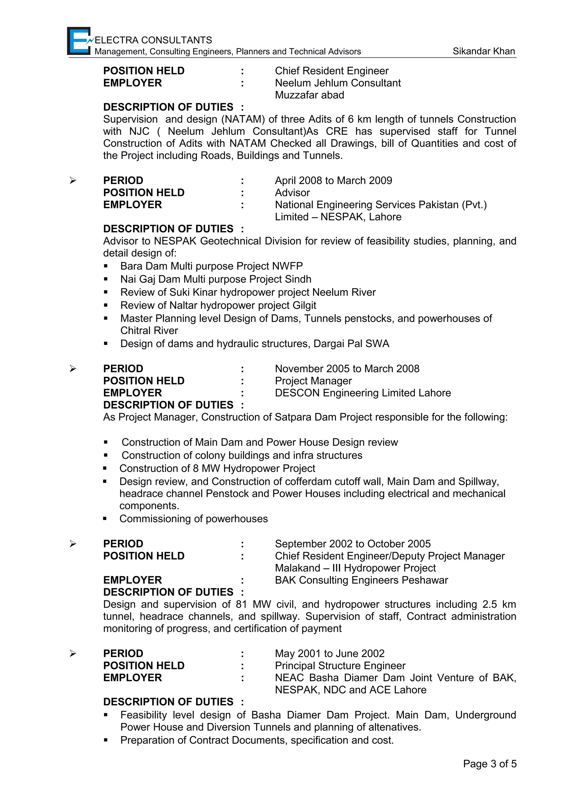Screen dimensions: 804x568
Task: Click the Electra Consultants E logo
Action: [79, 41]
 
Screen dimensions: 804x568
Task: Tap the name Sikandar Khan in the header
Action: [484, 51]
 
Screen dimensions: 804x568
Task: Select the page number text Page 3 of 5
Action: [490, 764]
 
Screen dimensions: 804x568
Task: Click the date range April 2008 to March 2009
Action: [333, 180]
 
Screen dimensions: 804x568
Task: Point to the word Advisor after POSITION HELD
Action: [292, 193]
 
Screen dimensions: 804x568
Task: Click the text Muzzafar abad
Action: [309, 95]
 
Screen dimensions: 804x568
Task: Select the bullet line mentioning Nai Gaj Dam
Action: [215, 279]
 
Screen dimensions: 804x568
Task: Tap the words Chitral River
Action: [149, 331]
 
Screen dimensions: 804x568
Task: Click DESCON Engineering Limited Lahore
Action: [362, 393]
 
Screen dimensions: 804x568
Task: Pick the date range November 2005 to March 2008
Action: [347, 369]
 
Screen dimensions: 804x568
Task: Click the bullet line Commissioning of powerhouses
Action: [193, 519]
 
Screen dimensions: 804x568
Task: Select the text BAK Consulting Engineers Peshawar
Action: [361, 580]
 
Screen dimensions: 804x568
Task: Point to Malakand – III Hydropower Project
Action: [355, 568]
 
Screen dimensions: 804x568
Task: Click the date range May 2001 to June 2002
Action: [329, 653]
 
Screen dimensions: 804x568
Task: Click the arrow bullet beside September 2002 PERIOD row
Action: [73, 544]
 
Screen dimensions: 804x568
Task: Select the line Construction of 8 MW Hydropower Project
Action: [217, 469]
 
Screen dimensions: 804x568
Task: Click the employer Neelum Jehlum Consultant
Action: [338, 83]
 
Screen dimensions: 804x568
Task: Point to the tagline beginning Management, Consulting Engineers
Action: [227, 52]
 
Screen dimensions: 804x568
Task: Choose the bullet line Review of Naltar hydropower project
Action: [218, 305]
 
